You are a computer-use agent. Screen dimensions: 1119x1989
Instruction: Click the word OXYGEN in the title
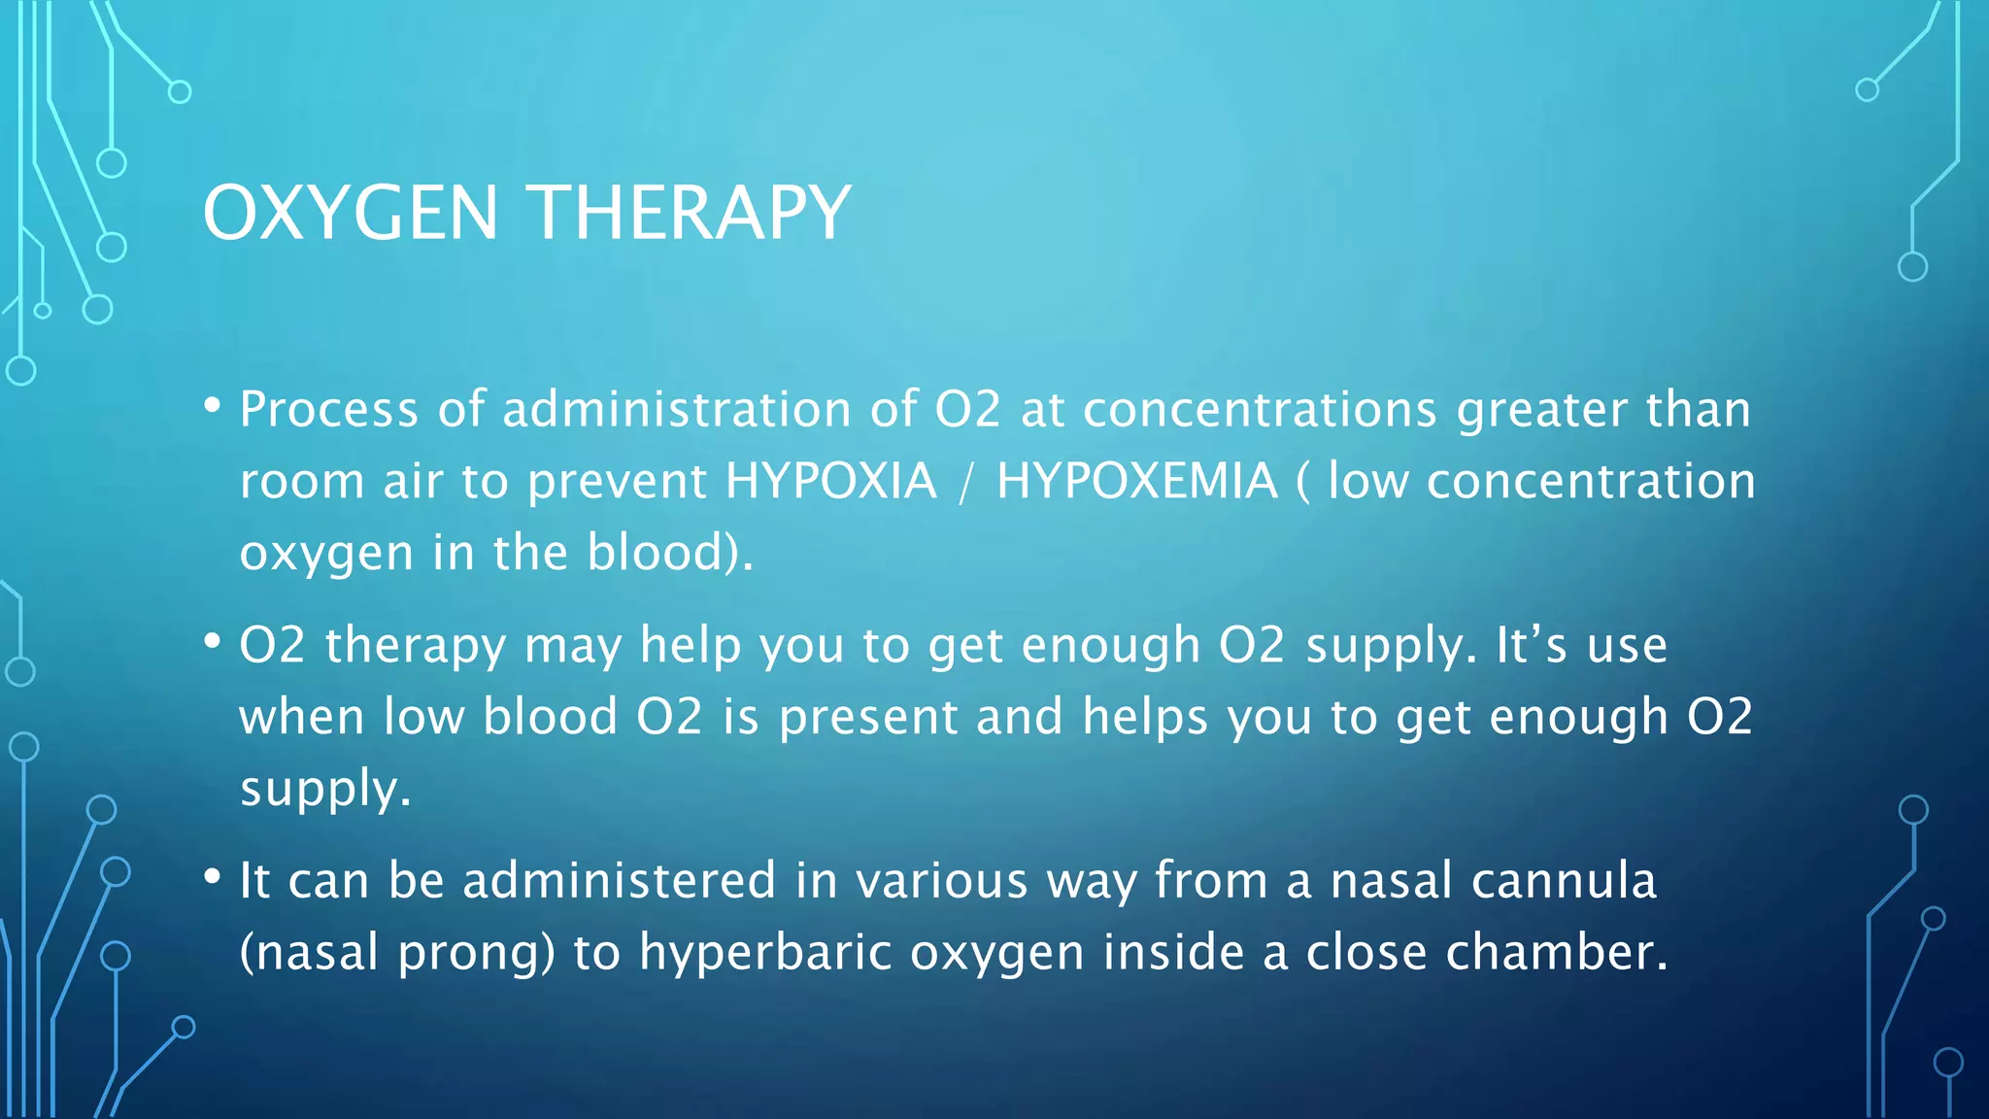click(x=350, y=213)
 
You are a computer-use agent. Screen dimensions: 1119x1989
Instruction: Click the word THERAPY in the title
click(x=691, y=213)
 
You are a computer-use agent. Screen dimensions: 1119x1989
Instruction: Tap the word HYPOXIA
click(x=831, y=481)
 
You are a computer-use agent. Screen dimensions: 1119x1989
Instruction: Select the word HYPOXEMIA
click(x=1136, y=481)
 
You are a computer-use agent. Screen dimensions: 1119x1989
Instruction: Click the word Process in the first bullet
click(x=328, y=409)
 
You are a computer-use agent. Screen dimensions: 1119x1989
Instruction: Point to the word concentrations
click(x=1260, y=409)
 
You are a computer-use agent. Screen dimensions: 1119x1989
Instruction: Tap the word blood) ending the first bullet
click(x=669, y=553)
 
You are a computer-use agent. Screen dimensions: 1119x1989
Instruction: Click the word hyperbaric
click(x=765, y=953)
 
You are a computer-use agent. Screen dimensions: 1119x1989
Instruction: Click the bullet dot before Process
click(x=213, y=406)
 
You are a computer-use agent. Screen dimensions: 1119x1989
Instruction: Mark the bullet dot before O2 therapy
click(x=213, y=642)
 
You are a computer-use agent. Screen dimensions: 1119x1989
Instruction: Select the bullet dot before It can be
click(x=213, y=878)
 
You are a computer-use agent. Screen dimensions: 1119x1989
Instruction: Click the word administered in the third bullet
click(x=619, y=881)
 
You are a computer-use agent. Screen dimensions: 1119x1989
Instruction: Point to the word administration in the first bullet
click(x=677, y=409)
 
